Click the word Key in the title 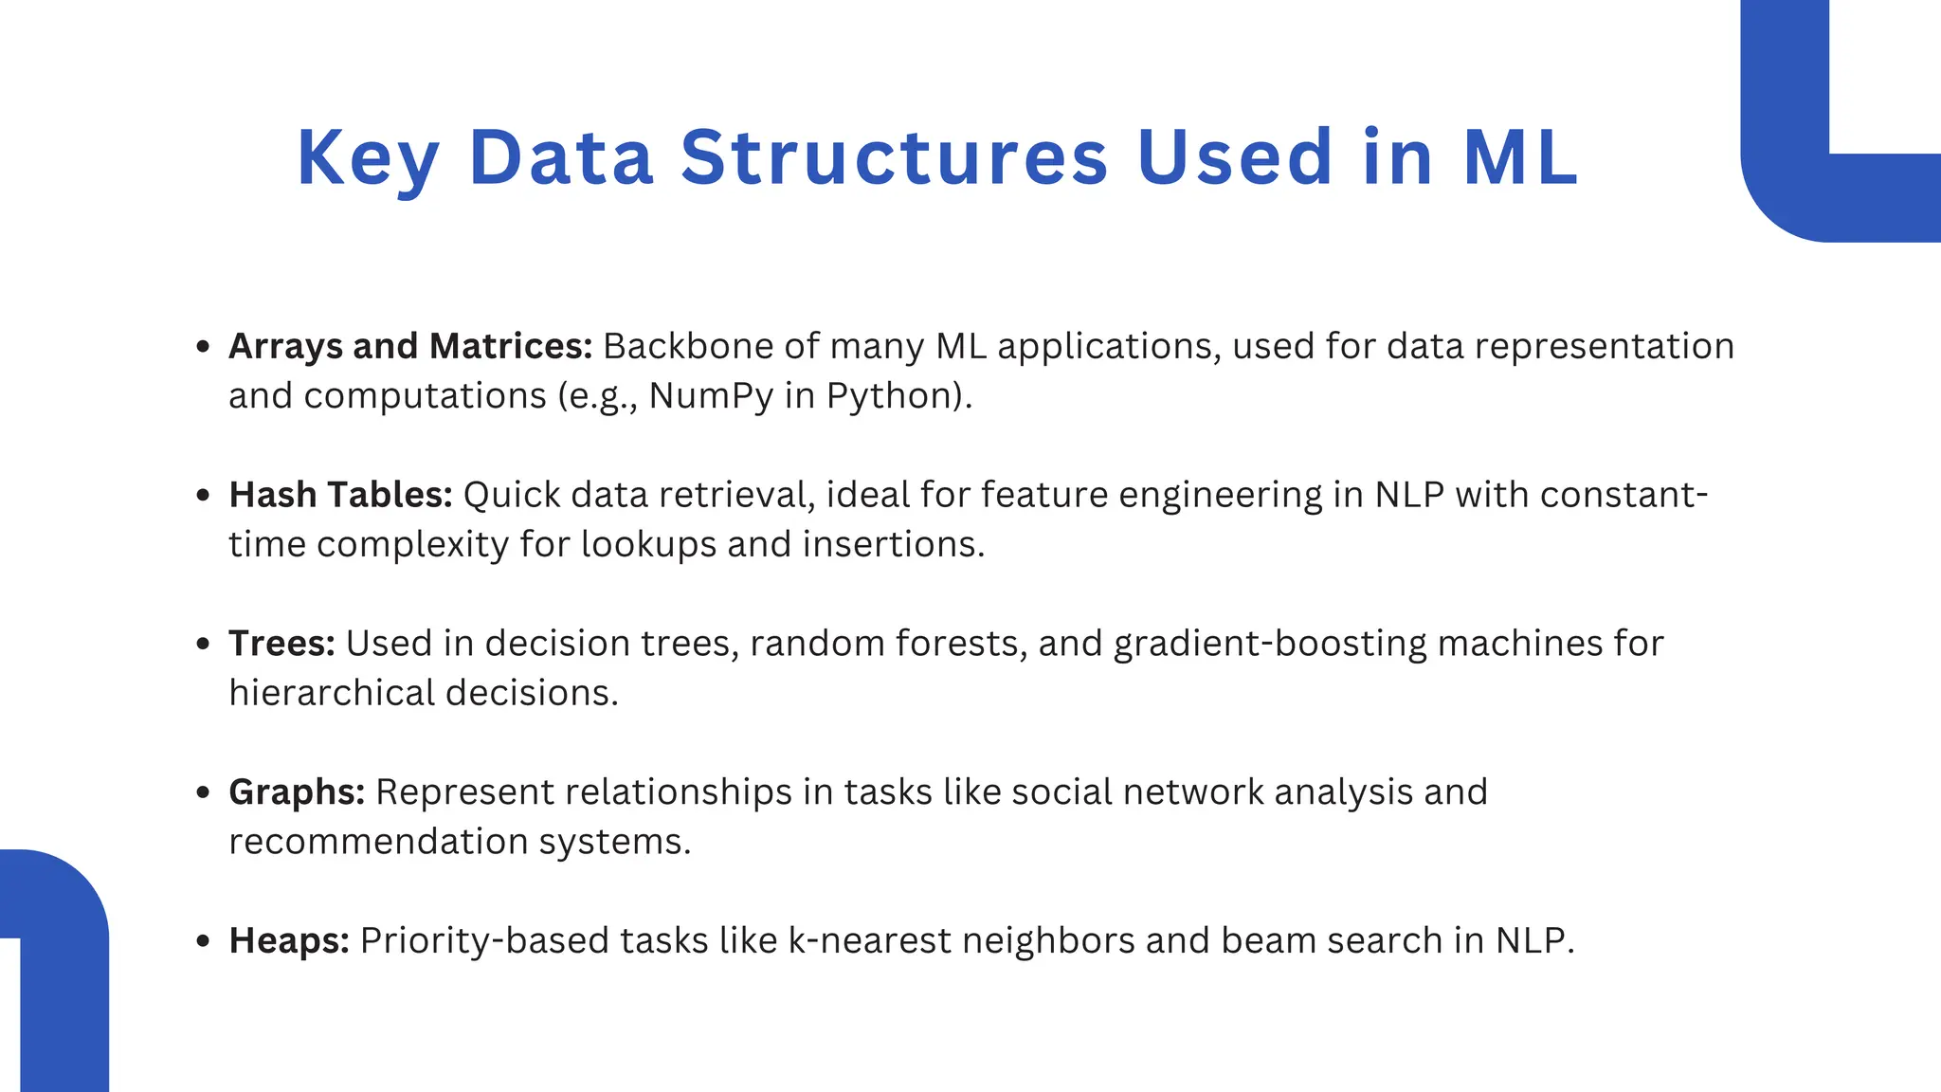[368, 158]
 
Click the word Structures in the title [894, 156]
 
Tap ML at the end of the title [1519, 156]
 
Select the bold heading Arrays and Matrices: [409, 346]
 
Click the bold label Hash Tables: [340, 495]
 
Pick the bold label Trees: [281, 644]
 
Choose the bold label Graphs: [297, 792]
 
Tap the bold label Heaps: [289, 940]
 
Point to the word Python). [898, 396]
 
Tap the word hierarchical [332, 693]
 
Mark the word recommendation [378, 842]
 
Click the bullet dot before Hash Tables [202, 495]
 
